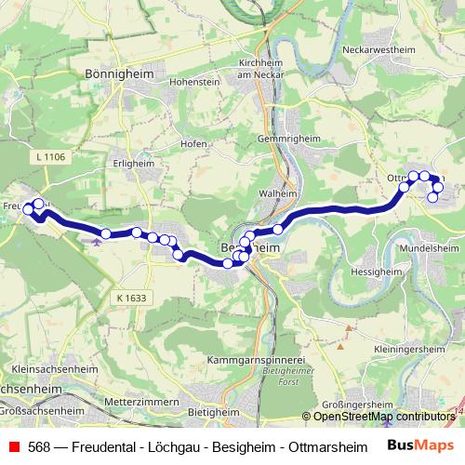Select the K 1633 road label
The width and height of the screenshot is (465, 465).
coord(132,297)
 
